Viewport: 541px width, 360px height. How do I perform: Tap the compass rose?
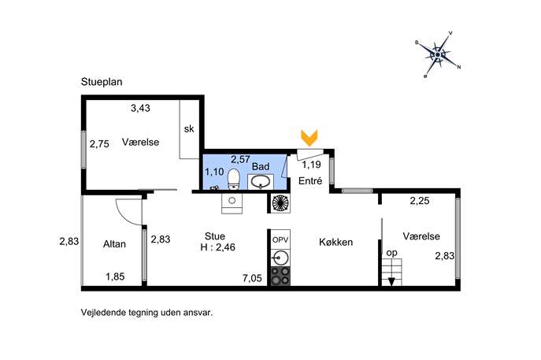(438, 54)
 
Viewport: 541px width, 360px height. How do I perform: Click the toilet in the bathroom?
(234, 179)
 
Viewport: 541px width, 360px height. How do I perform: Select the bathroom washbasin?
(261, 182)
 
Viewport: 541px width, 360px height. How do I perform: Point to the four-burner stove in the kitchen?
(280, 276)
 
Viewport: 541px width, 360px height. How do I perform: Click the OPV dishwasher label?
(280, 239)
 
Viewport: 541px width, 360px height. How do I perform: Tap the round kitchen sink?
(280, 258)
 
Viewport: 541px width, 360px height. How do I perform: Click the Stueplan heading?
(102, 82)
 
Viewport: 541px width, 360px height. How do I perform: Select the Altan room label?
(114, 244)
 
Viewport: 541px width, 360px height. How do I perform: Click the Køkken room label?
(335, 242)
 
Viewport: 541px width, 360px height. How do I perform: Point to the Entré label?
(310, 180)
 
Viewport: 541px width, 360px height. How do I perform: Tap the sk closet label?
(189, 128)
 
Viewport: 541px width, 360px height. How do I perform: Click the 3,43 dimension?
(140, 109)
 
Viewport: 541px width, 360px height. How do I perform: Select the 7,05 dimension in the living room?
(252, 278)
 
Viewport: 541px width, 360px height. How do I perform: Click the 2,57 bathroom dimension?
(240, 159)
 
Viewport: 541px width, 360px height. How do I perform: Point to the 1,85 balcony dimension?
(115, 276)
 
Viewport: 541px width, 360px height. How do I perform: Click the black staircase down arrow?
(391, 282)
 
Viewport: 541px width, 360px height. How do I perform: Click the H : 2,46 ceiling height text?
(217, 247)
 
